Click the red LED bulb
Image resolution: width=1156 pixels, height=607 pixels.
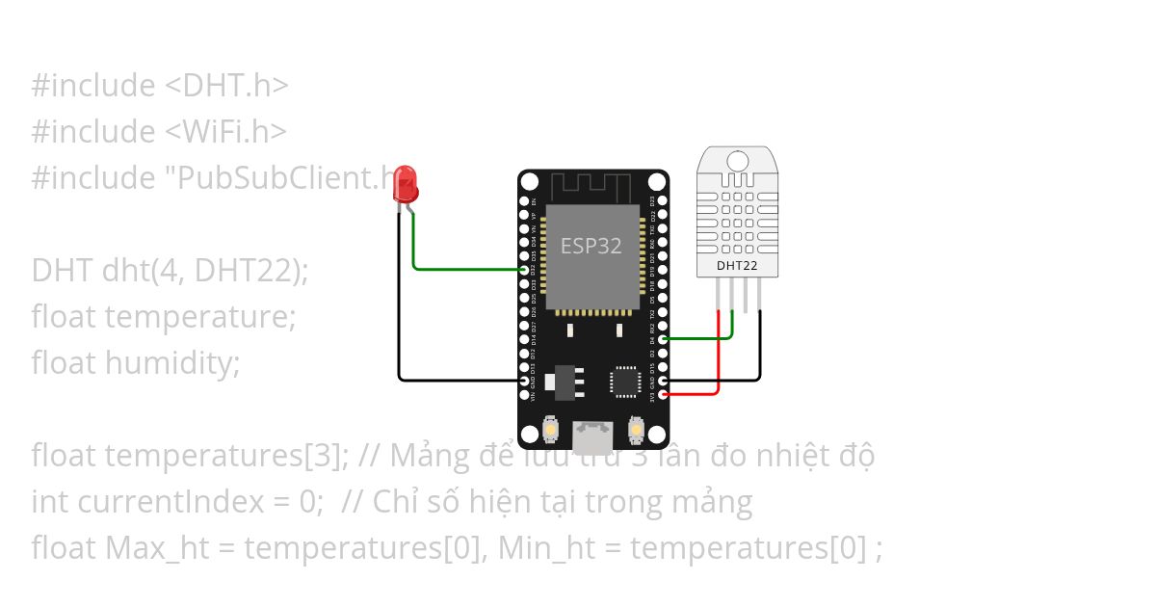(406, 183)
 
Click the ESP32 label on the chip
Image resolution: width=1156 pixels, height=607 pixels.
(591, 246)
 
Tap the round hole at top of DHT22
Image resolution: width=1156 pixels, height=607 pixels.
(739, 160)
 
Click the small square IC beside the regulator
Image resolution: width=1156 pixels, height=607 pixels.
(624, 381)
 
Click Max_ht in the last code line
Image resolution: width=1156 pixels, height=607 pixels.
(148, 548)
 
